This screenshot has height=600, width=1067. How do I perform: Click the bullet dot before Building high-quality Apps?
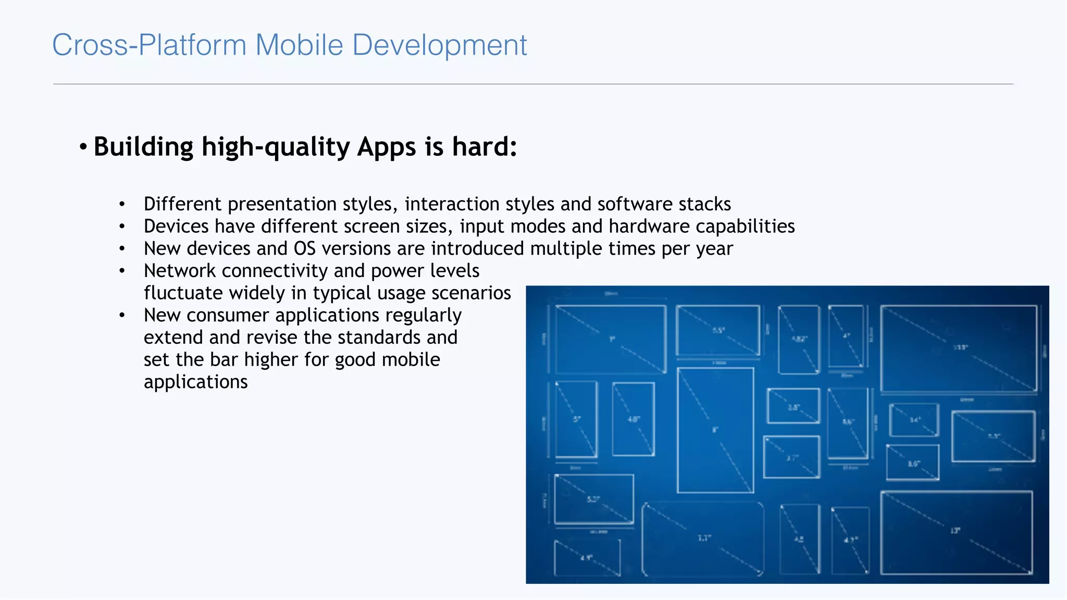click(x=83, y=147)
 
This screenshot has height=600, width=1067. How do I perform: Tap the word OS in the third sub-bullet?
click(x=304, y=249)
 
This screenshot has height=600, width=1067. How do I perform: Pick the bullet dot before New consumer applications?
click(x=122, y=316)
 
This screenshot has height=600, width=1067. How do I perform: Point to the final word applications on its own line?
click(x=195, y=382)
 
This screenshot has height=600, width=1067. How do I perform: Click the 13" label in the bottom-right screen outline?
click(x=955, y=531)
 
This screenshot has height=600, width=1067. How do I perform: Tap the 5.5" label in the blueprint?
click(x=718, y=330)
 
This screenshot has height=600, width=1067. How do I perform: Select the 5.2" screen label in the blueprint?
click(x=593, y=499)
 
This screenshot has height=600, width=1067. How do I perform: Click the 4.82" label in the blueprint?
click(x=799, y=339)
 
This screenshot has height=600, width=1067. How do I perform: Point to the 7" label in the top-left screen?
click(x=612, y=339)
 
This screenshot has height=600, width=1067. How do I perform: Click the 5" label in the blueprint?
click(x=577, y=419)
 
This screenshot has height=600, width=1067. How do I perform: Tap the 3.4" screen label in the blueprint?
click(x=915, y=419)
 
